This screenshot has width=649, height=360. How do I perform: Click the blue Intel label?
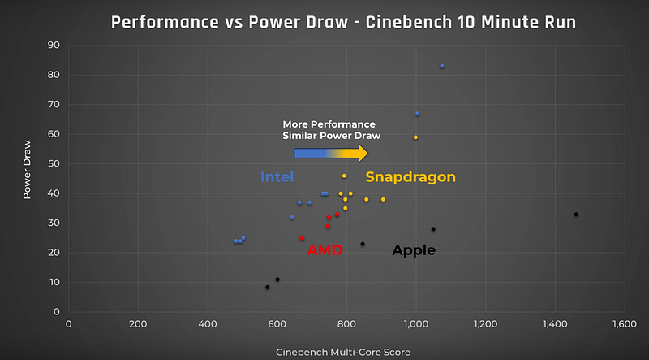click(x=277, y=177)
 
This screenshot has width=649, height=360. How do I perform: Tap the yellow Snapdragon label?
click(x=410, y=177)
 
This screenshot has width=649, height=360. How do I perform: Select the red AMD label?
click(x=324, y=250)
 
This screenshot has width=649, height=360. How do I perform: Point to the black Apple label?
click(x=414, y=250)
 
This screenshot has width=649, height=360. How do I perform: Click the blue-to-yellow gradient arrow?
click(x=331, y=154)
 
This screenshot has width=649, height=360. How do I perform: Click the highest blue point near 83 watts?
click(x=442, y=66)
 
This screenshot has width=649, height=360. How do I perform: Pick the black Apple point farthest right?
click(x=576, y=215)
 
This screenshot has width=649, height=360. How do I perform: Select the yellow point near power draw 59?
click(x=415, y=137)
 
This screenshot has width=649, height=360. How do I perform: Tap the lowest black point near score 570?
click(x=267, y=287)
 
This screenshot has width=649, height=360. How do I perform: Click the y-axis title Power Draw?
click(x=27, y=179)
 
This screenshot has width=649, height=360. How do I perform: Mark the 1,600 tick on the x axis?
click(x=624, y=324)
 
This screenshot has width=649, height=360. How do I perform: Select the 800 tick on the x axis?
click(x=346, y=324)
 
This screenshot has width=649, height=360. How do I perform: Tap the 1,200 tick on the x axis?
click(x=485, y=324)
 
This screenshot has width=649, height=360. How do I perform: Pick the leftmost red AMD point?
click(x=302, y=238)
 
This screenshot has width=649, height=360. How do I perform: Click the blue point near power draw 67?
click(x=417, y=114)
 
